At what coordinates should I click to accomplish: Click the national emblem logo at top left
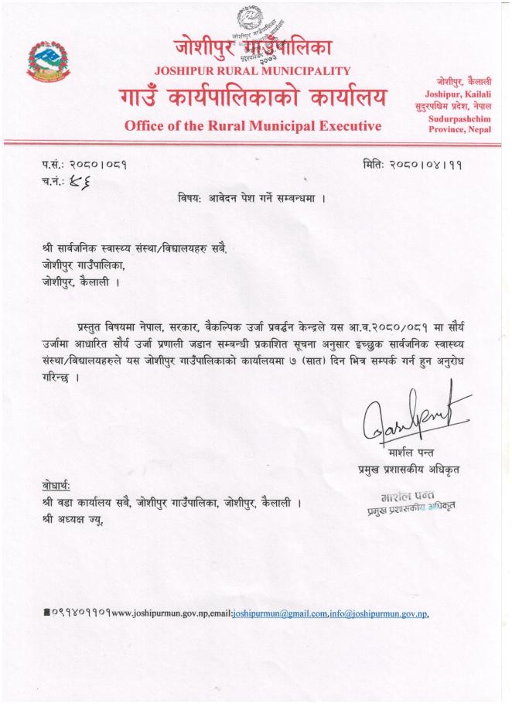[x=48, y=60]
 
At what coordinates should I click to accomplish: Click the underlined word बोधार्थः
[x=57, y=486]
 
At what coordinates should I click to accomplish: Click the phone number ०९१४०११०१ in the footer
[x=81, y=613]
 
